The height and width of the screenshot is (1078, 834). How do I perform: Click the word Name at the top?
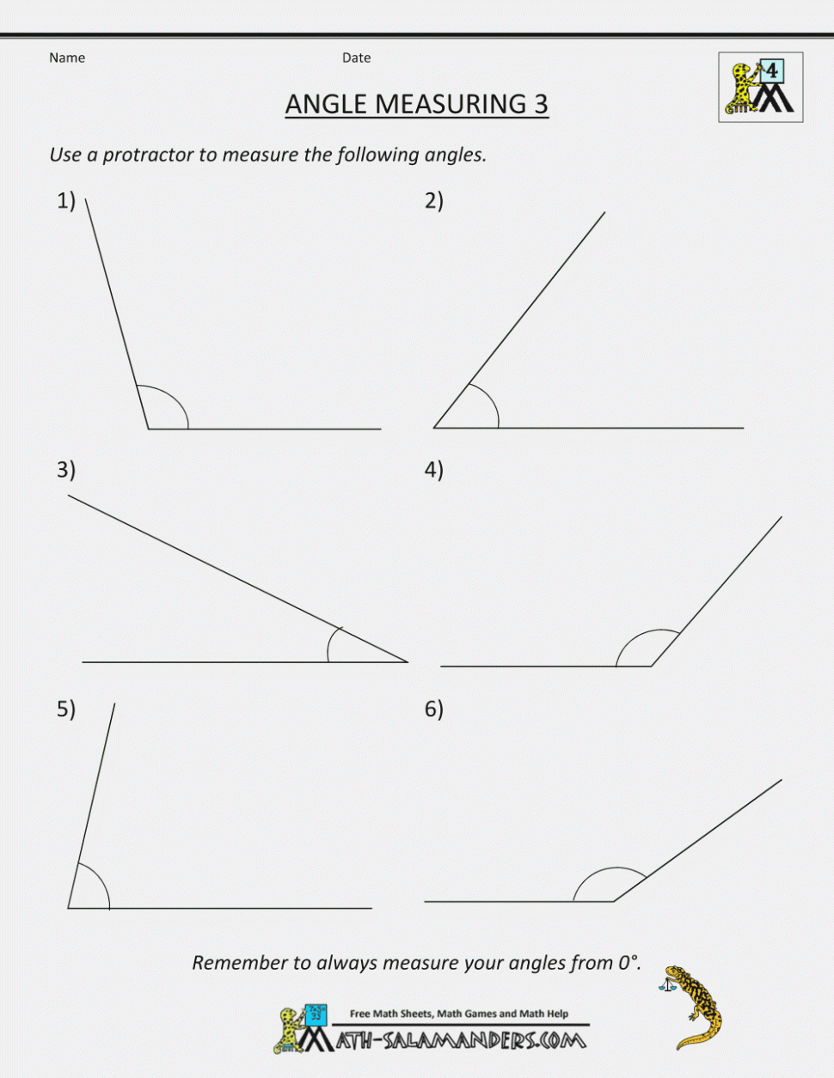67,58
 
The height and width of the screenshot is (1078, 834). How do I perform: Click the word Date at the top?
356,58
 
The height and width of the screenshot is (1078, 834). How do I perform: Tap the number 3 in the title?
540,104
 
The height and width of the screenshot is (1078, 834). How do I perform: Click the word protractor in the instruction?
148,155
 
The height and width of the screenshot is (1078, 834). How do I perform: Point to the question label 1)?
66,201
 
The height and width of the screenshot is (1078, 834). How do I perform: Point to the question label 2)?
433,201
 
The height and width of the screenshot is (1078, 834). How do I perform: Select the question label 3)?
66,470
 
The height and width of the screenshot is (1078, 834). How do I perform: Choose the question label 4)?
433,470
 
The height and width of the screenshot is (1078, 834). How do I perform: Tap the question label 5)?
66,710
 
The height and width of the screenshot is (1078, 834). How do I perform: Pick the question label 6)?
433,710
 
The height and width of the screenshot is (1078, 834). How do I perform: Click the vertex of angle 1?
148,429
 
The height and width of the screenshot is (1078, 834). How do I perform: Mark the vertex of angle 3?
408,662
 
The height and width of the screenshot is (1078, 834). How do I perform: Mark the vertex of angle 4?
652,666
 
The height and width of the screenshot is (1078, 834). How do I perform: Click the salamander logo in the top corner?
760,87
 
